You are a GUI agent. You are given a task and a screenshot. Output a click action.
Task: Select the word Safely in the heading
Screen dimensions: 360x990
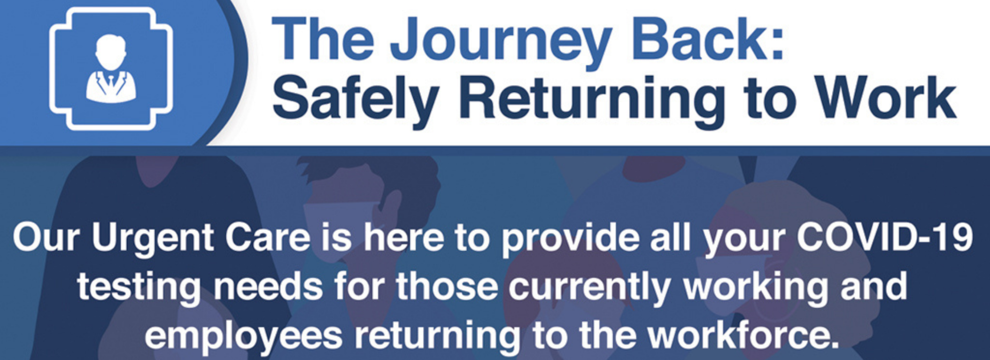355,99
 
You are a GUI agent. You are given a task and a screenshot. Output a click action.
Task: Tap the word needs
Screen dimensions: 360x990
268,286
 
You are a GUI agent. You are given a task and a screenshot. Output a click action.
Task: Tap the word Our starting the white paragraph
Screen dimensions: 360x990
46,237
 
